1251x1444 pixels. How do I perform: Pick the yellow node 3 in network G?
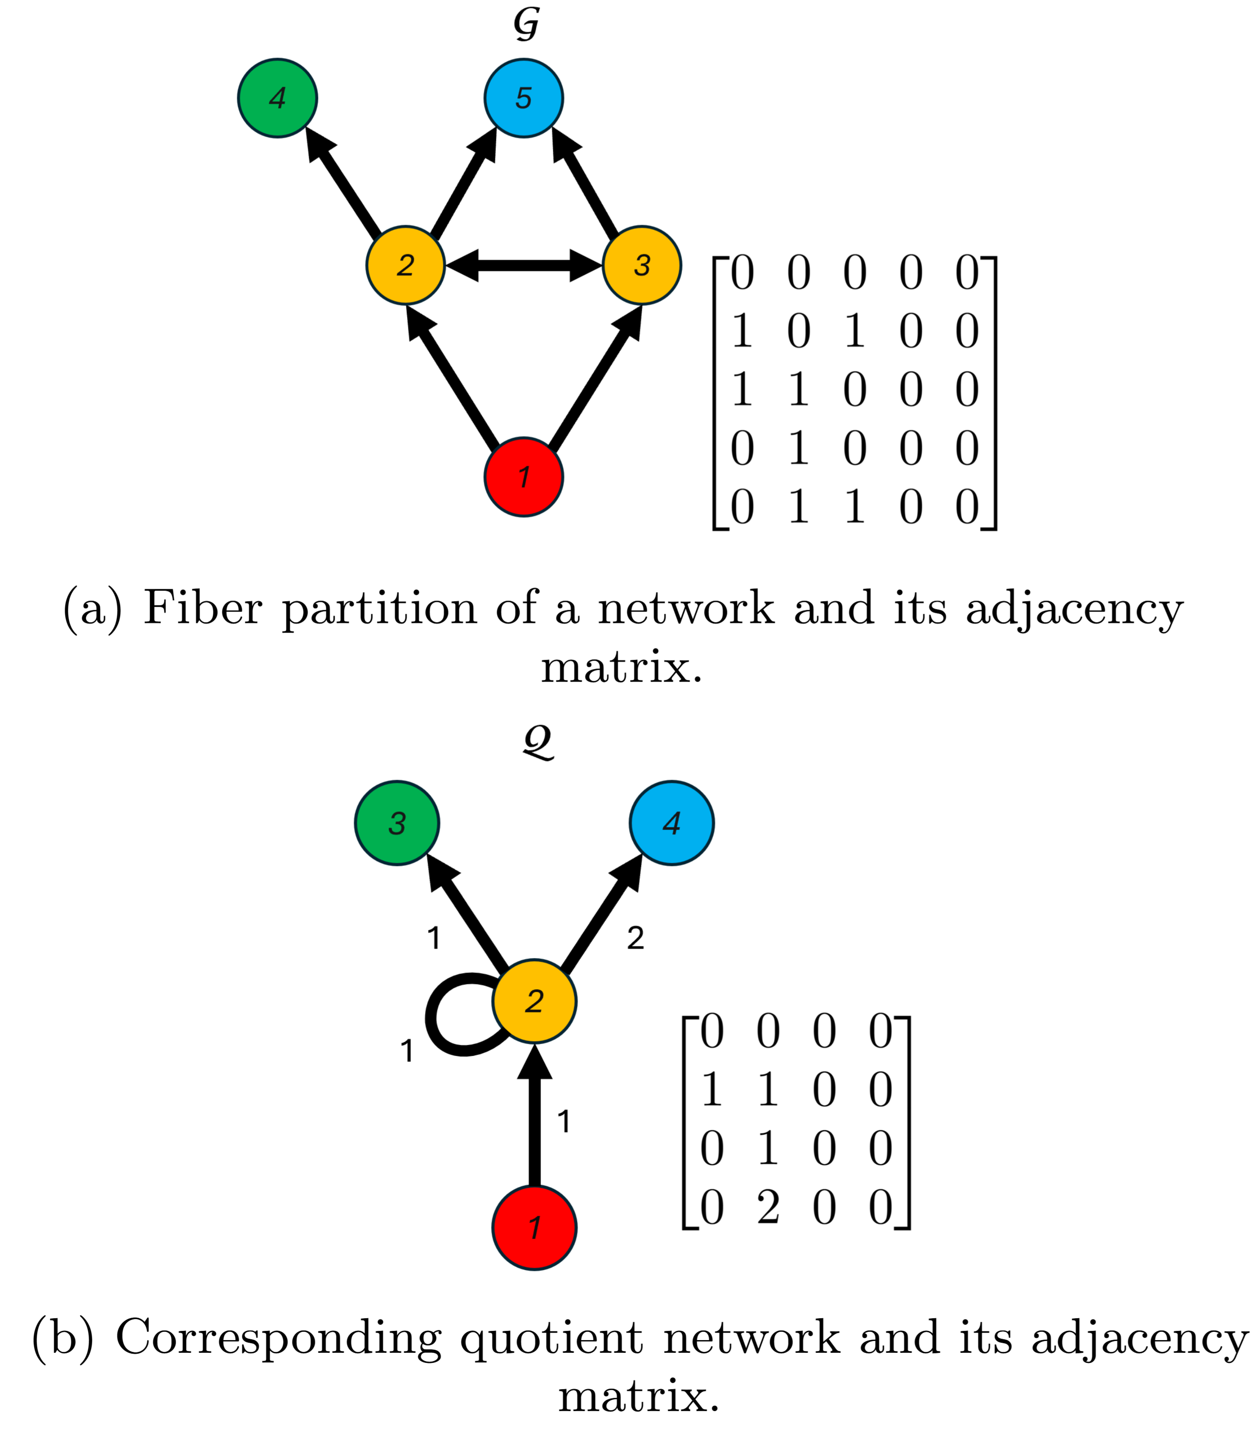click(x=641, y=265)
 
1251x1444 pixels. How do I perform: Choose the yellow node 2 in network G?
click(x=406, y=265)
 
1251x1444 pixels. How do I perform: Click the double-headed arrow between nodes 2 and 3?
click(x=524, y=265)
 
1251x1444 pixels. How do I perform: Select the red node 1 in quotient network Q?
click(x=534, y=1228)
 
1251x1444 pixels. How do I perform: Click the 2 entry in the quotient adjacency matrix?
click(x=768, y=1207)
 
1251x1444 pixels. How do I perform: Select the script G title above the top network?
click(x=526, y=25)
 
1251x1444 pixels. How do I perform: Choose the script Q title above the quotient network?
click(x=538, y=741)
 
